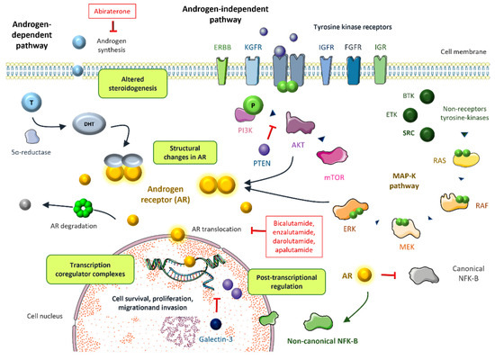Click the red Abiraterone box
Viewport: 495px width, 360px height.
tap(118, 12)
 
